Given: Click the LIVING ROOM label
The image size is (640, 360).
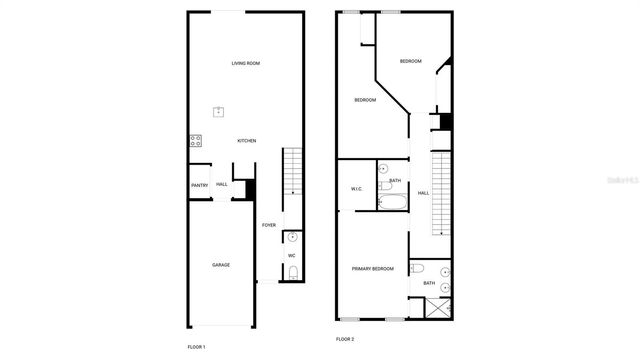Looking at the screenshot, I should point(246,63).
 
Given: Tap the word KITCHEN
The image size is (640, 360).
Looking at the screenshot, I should point(246,141).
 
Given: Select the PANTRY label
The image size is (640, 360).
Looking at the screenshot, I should point(199,185).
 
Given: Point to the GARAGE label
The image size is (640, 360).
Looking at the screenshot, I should point(220,265).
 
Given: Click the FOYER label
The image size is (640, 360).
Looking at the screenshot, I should point(269,225).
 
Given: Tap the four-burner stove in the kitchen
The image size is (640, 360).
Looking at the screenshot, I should point(196,141).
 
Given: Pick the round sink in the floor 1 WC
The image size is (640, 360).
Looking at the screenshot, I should point(291,238).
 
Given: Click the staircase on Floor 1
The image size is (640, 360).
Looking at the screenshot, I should point(291,171).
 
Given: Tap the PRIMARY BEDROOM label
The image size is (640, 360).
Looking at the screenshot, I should point(372,269).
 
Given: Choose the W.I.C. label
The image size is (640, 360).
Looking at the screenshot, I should point(356,189).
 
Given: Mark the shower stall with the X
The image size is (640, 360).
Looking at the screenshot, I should point(437,305).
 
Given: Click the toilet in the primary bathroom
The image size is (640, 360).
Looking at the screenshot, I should point(419,268).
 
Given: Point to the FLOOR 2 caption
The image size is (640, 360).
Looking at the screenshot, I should point(345,340).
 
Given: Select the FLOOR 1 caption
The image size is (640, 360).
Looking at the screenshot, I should point(196,346).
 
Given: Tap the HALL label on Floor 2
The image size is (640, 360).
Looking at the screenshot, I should point(423,193).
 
